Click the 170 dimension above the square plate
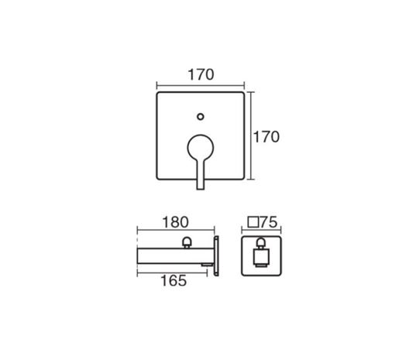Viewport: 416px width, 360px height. pyautogui.click(x=201, y=74)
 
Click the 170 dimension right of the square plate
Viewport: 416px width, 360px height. pyautogui.click(x=266, y=137)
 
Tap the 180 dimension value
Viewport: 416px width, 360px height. pyautogui.click(x=175, y=222)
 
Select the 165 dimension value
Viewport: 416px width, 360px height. pyautogui.click(x=174, y=281)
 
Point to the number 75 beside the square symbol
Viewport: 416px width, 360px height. pyautogui.click(x=269, y=222)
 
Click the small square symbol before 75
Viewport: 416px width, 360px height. pyautogui.click(x=253, y=222)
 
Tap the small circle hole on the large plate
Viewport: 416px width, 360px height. pyautogui.click(x=201, y=117)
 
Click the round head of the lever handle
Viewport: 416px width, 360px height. pyautogui.click(x=201, y=148)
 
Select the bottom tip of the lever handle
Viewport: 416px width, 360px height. pyautogui.click(x=201, y=189)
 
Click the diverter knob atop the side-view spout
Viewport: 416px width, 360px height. pyautogui.click(x=187, y=242)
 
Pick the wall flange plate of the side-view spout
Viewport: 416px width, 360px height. pyautogui.click(x=216, y=255)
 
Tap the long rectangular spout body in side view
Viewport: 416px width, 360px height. pyautogui.click(x=176, y=255)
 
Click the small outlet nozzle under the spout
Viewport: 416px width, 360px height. pyautogui.click(x=207, y=265)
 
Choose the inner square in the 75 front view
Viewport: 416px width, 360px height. pyautogui.click(x=261, y=256)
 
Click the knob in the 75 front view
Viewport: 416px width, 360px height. pyautogui.click(x=261, y=243)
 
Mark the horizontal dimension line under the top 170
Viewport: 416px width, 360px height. pyautogui.click(x=201, y=86)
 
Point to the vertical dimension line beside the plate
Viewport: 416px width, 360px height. pyautogui.click(x=251, y=135)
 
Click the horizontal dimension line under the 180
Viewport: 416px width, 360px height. pyautogui.click(x=176, y=230)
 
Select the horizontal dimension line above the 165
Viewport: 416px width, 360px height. pyautogui.click(x=172, y=273)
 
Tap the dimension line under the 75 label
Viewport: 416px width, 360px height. pyautogui.click(x=261, y=230)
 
